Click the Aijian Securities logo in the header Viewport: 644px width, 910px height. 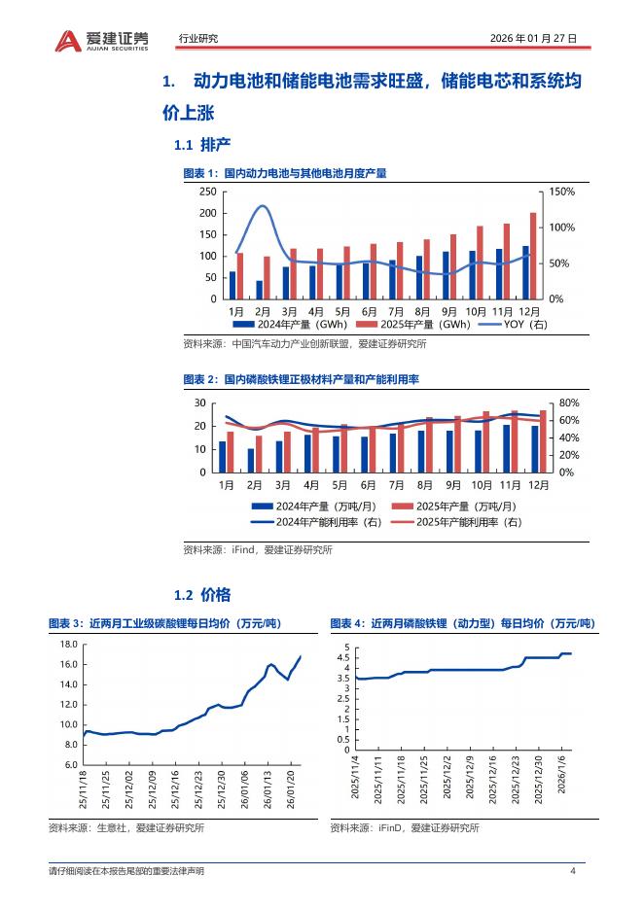[102, 39]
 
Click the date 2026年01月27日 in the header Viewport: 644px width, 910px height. [534, 39]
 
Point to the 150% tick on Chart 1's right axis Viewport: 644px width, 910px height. [562, 192]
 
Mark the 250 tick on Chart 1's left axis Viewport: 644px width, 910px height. [207, 192]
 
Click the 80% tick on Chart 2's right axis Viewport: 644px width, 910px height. [569, 403]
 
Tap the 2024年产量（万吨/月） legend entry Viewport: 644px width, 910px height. [304, 507]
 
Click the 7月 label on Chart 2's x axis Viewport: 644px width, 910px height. [396, 484]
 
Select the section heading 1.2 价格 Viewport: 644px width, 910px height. [201, 594]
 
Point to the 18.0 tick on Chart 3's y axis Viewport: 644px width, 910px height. [68, 645]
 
